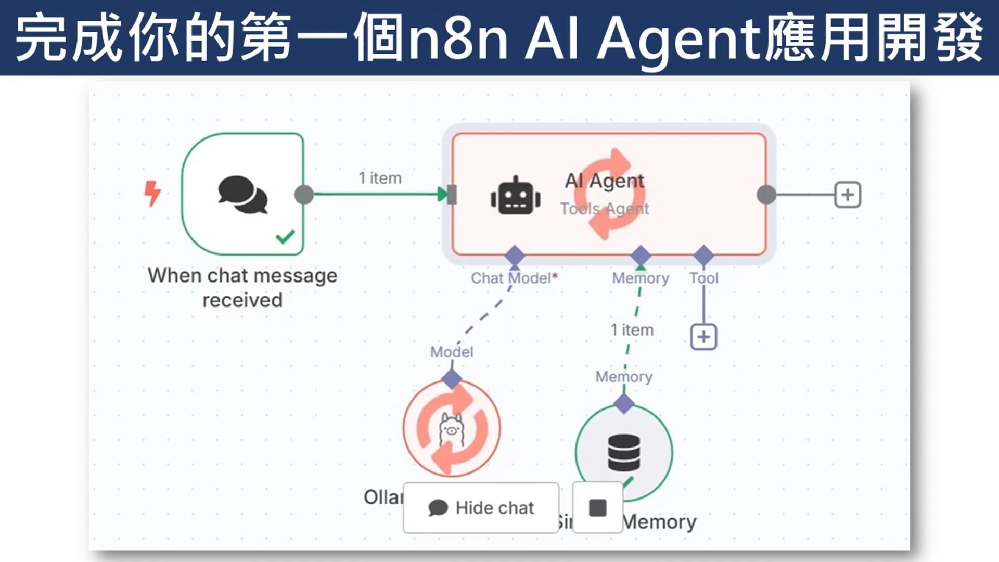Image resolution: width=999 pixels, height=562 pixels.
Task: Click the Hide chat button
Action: point(481,507)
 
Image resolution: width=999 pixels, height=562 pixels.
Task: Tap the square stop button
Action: point(597,507)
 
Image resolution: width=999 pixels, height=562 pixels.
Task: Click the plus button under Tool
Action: point(703,337)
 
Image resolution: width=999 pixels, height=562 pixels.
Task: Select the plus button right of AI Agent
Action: point(848,195)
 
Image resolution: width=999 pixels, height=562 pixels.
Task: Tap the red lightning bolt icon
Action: point(152,194)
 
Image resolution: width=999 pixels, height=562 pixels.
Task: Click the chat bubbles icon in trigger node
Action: point(243,195)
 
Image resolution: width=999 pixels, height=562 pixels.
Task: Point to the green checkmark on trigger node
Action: point(285,237)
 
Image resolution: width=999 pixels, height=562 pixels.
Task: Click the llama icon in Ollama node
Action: point(451,429)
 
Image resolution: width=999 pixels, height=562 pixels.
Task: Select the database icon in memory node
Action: point(624,453)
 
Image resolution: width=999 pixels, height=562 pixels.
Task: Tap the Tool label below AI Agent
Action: point(703,278)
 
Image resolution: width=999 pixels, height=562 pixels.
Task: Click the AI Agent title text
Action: point(605,181)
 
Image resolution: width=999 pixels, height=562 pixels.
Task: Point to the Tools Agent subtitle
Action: point(605,209)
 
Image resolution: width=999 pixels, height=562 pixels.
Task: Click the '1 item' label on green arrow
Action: point(380,178)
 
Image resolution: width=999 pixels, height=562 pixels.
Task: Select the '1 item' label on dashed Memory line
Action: point(632,330)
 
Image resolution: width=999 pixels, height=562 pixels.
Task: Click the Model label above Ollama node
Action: point(452,352)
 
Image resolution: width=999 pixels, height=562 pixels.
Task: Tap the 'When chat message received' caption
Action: point(242,287)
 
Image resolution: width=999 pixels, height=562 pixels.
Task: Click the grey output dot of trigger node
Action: point(304,195)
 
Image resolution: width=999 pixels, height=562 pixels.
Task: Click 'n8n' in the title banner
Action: point(458,37)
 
